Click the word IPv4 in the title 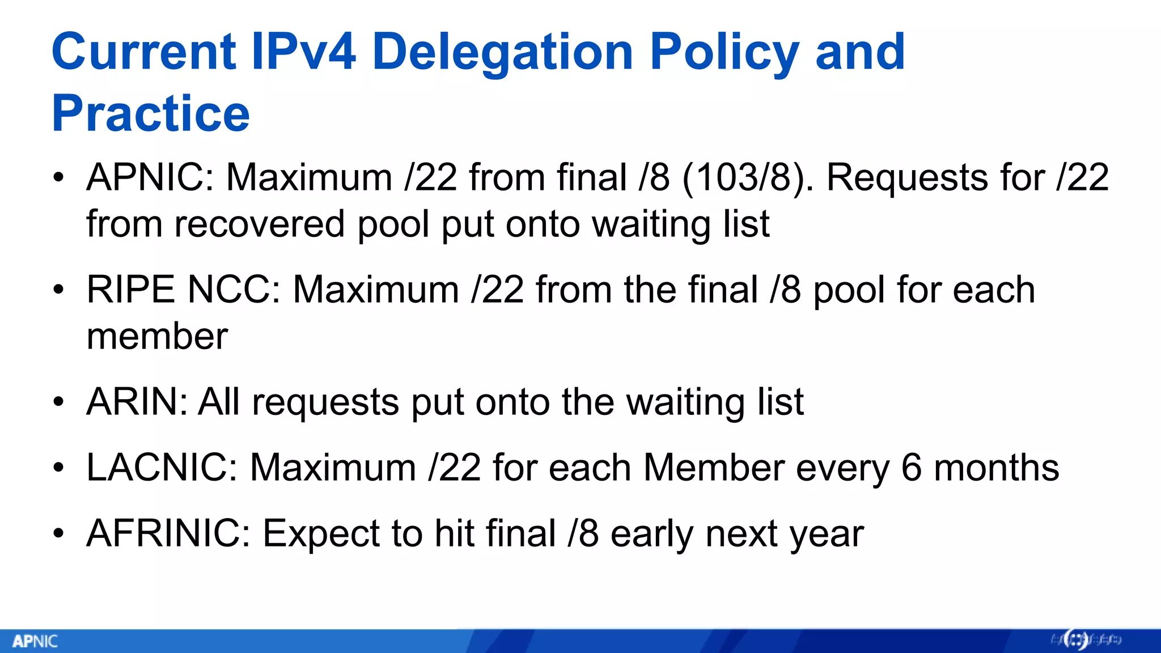[x=304, y=52]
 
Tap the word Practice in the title [x=150, y=113]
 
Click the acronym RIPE [x=130, y=290]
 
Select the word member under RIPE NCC [x=157, y=336]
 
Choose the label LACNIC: [x=162, y=468]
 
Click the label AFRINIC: [x=168, y=533]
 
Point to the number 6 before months [x=911, y=468]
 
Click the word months [x=996, y=468]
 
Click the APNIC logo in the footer [x=35, y=641]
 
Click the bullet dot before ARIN [x=58, y=402]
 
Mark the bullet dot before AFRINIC [x=58, y=534]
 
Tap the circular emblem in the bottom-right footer [x=1076, y=640]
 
